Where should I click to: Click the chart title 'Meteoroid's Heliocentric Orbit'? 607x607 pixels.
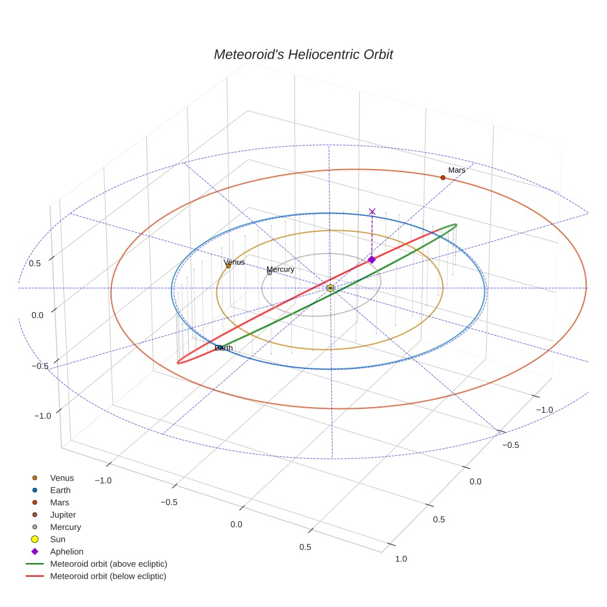[303, 54]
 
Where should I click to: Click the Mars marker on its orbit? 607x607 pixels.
[443, 178]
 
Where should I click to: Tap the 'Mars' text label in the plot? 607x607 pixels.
[456, 170]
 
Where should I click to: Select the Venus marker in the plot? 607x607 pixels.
[228, 266]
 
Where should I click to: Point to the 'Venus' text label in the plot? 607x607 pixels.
[234, 262]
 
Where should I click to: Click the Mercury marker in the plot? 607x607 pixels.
[269, 273]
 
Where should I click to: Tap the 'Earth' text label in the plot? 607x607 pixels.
[224, 348]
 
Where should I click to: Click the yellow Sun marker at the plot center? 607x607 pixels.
[331, 288]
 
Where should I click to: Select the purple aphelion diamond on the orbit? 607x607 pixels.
[371, 260]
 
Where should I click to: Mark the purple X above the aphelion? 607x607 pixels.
[372, 212]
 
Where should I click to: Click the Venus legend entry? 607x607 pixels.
[62, 478]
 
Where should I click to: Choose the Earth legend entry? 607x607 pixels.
[60, 490]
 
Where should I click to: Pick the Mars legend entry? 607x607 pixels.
[59, 503]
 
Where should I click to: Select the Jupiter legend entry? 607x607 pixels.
[63, 515]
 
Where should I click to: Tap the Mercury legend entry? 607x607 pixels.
[65, 527]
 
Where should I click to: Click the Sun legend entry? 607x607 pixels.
[57, 540]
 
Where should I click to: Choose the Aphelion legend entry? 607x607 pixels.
[66, 552]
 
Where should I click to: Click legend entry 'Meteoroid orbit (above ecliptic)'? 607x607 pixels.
[108, 564]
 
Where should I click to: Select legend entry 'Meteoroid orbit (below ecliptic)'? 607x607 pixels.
[108, 576]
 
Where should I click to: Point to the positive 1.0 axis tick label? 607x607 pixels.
[400, 559]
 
